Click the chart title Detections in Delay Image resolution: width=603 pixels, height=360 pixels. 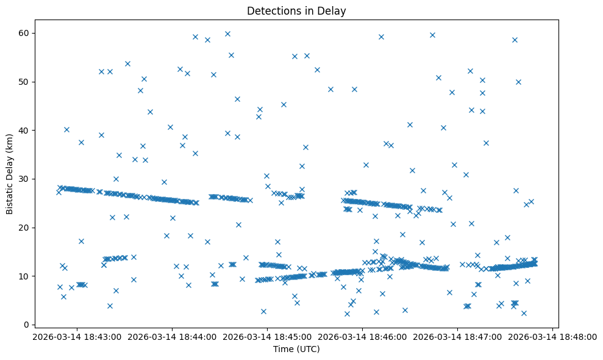(x=296, y=10)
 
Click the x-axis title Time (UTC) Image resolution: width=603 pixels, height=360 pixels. (x=296, y=349)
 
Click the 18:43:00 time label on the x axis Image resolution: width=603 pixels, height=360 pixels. (x=76, y=336)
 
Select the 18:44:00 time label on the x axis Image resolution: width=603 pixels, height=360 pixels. (x=171, y=336)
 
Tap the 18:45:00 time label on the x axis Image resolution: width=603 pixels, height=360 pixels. (x=266, y=336)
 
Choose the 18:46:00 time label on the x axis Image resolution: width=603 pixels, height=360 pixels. (x=362, y=336)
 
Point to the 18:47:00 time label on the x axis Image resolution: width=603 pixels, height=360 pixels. (x=457, y=336)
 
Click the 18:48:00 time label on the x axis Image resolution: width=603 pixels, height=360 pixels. (x=552, y=336)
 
